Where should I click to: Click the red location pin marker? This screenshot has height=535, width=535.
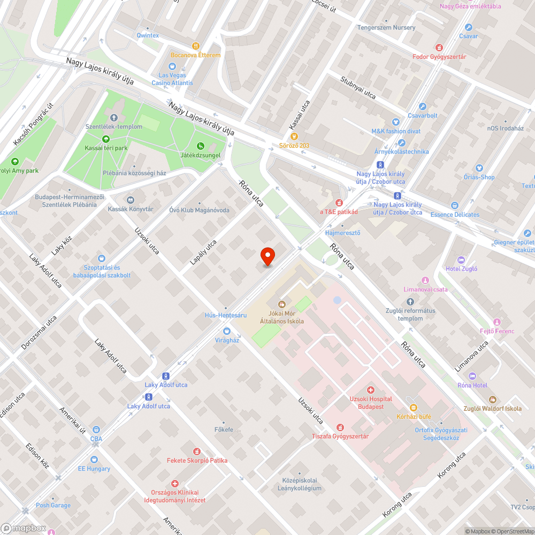click(x=267, y=256)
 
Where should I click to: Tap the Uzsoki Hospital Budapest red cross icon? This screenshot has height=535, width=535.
click(x=370, y=390)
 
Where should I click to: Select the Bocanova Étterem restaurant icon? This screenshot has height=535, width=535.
click(x=196, y=46)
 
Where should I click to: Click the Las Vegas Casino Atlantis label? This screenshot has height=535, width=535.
click(x=172, y=79)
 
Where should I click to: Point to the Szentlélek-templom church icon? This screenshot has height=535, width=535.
click(x=113, y=118)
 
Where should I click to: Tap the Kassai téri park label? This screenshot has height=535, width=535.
click(x=106, y=148)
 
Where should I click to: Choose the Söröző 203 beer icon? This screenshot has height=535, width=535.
click(x=294, y=136)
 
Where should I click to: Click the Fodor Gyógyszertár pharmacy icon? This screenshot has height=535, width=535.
click(x=439, y=48)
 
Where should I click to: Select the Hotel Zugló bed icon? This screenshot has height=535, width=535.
click(x=461, y=260)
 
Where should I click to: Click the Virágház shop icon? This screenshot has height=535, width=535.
click(x=226, y=331)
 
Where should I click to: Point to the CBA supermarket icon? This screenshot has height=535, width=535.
click(x=96, y=430)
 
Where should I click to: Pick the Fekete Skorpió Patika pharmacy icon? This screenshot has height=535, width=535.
click(x=197, y=452)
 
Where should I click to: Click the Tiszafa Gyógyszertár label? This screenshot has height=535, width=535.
click(x=340, y=436)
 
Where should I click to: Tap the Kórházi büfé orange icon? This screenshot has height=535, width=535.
click(x=399, y=416)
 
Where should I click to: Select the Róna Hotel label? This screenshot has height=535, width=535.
click(x=472, y=385)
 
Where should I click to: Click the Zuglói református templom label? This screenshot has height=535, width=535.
click(x=410, y=315)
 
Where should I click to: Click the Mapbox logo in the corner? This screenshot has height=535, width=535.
click(x=24, y=528)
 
